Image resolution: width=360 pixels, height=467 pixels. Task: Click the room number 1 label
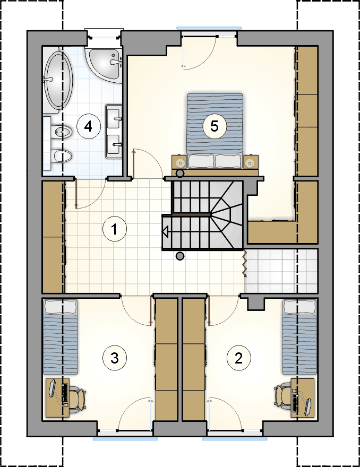point(115,229)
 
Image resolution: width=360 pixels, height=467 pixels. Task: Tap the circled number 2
point(239,358)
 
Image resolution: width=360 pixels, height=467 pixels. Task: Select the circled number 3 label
point(115,358)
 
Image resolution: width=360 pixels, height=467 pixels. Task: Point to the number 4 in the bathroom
point(89,127)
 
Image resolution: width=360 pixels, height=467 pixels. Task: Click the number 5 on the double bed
point(215,126)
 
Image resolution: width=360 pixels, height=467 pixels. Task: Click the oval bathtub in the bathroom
point(58,80)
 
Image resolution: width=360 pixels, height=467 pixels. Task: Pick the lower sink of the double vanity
point(114,144)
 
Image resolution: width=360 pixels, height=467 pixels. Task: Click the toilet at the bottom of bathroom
point(62,156)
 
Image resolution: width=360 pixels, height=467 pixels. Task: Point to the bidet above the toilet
point(62,131)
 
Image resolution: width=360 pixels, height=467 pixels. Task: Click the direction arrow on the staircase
point(165,232)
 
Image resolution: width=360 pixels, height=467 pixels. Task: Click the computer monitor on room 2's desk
point(307,406)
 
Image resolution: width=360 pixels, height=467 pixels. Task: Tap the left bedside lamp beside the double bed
point(180,162)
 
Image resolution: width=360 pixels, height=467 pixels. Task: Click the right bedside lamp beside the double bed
point(249,162)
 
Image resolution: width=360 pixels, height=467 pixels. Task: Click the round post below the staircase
point(179,256)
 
